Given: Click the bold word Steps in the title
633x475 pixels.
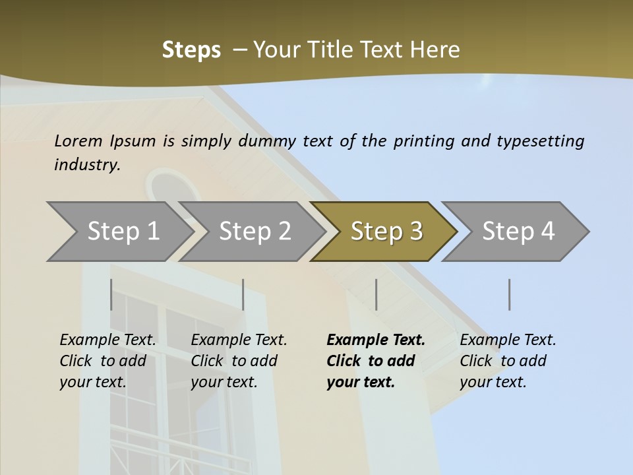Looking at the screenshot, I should click(x=191, y=50).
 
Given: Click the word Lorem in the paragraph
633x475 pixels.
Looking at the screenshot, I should click(x=78, y=141).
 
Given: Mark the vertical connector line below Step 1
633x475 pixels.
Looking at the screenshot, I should click(x=111, y=294).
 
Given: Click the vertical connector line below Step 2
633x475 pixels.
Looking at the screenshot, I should click(x=243, y=294).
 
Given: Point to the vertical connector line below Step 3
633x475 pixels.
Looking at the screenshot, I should click(x=376, y=294).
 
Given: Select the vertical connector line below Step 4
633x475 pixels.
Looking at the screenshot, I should click(x=509, y=294).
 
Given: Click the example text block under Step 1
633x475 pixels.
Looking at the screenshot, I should click(x=107, y=361).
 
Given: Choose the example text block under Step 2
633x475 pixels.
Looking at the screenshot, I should click(x=239, y=361).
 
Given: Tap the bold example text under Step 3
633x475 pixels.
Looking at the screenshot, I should click(x=375, y=361).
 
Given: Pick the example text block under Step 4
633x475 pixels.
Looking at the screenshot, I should click(x=508, y=361).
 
